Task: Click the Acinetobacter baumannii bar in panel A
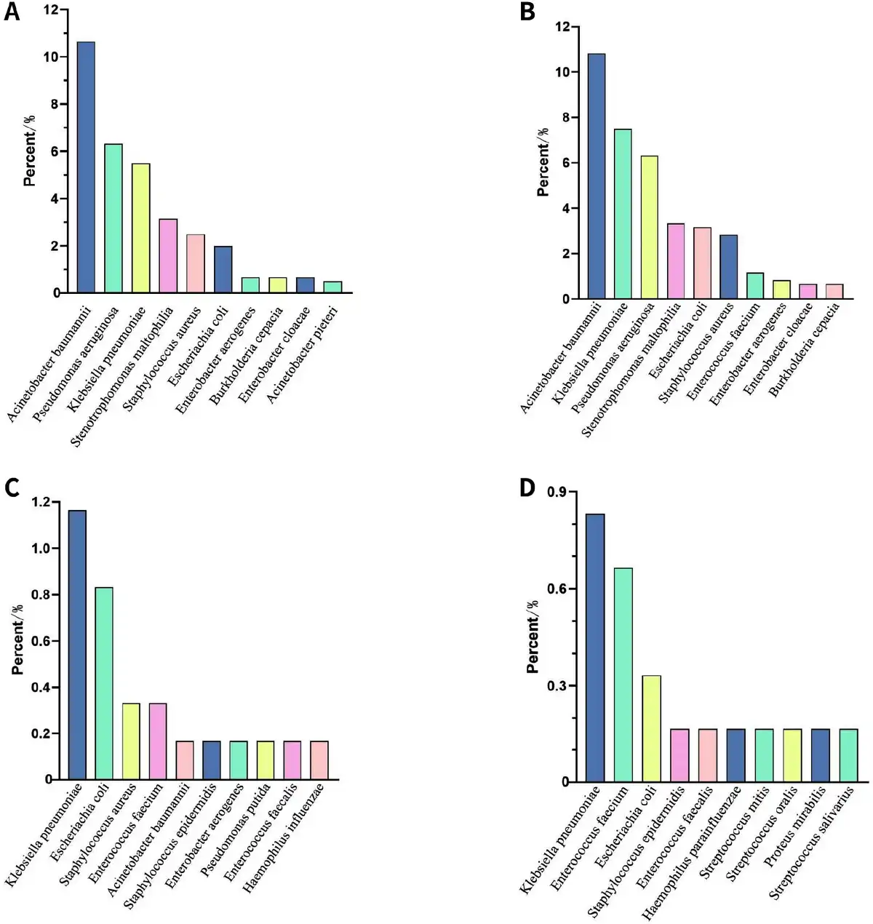pyautogui.click(x=86, y=167)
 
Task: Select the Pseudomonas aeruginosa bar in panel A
pyautogui.click(x=113, y=218)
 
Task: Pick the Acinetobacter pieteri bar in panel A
pyautogui.click(x=333, y=287)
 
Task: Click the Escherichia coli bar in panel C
pyautogui.click(x=104, y=683)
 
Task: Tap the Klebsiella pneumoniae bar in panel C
pyautogui.click(x=77, y=645)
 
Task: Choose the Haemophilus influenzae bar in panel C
pyautogui.click(x=319, y=760)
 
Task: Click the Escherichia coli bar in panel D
pyautogui.click(x=651, y=729)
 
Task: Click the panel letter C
pyautogui.click(x=12, y=488)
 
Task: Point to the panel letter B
pyautogui.click(x=528, y=12)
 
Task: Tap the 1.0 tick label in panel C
pyautogui.click(x=41, y=549)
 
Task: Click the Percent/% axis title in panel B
pyautogui.click(x=543, y=162)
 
